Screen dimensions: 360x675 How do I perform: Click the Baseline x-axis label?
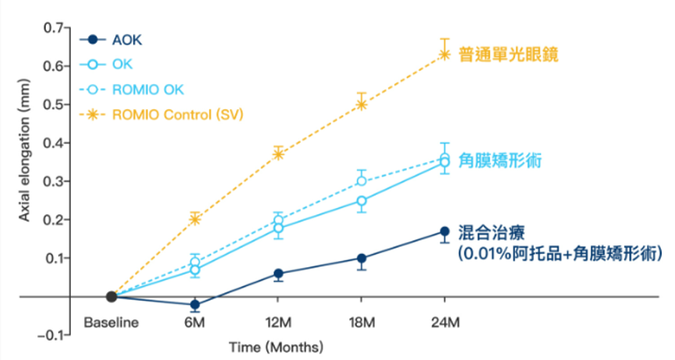(x=111, y=322)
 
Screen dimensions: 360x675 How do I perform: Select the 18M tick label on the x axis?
(x=361, y=322)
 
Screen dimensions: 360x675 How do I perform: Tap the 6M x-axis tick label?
(x=195, y=322)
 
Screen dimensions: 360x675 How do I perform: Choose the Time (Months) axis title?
(x=276, y=346)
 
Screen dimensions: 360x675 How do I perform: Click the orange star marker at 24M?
(x=444, y=54)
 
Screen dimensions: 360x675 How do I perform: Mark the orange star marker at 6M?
(x=195, y=219)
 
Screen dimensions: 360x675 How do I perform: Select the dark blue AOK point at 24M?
(x=444, y=231)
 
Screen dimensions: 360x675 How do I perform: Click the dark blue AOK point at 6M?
(x=195, y=305)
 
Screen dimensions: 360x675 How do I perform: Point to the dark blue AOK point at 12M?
(x=278, y=274)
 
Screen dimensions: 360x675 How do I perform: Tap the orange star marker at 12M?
(x=278, y=154)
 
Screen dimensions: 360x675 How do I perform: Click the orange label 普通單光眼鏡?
(x=510, y=55)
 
